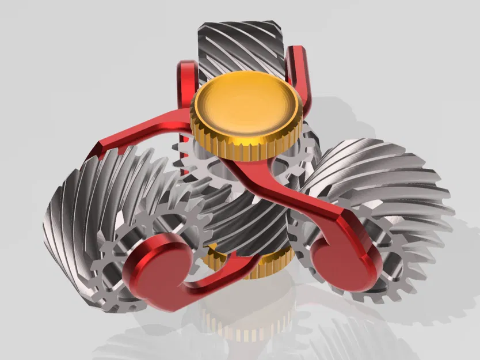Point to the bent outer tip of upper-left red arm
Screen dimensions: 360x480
98,151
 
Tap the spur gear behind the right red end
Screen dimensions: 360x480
397,265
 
